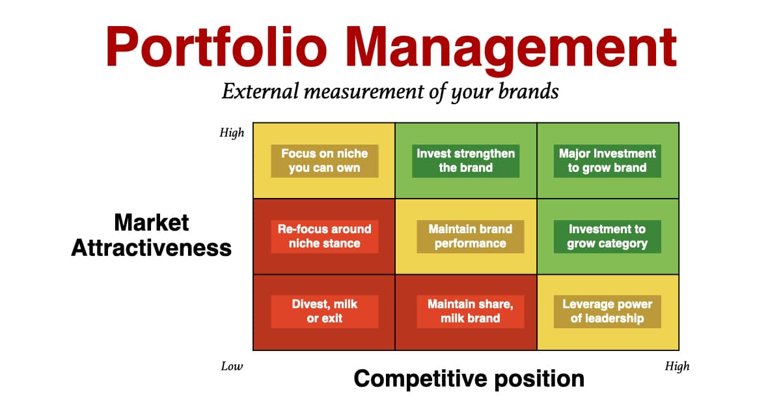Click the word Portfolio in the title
[x=217, y=47]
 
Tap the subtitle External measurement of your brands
[x=390, y=92]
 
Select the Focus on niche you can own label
[x=325, y=161]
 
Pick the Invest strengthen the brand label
[x=465, y=161]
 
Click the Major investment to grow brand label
[x=607, y=161]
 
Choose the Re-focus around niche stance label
[x=325, y=236]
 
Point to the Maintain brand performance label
[x=471, y=236]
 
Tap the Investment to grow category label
[x=607, y=236]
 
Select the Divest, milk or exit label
[x=325, y=311]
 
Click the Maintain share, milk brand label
[x=471, y=311]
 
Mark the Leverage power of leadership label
[x=607, y=311]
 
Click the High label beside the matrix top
[x=232, y=133]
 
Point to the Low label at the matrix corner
[x=232, y=366]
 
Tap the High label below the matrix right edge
[x=677, y=367]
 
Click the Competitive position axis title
[x=469, y=379]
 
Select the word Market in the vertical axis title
[x=151, y=222]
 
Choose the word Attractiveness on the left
[x=151, y=247]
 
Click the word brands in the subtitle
[x=528, y=91]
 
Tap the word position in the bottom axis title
[x=540, y=379]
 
